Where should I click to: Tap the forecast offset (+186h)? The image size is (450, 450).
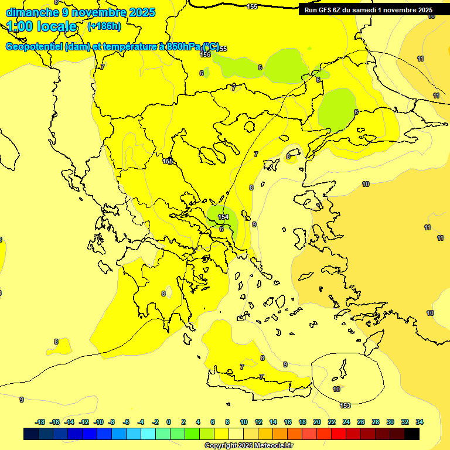point(104,26)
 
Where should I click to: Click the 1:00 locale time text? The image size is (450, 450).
point(42,26)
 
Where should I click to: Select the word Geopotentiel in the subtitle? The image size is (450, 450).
point(34,47)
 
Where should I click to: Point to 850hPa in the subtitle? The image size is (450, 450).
point(183,47)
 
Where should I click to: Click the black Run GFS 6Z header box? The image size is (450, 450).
point(369,10)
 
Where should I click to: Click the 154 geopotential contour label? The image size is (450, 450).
point(223,217)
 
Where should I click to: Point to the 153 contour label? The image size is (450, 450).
point(345,405)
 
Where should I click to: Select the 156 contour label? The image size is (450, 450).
point(205,54)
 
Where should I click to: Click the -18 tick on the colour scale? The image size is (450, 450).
point(40,422)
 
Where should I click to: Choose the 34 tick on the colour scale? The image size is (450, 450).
point(420,422)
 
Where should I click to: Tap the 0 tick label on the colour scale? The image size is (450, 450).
point(169,422)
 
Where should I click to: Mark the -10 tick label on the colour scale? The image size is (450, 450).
point(98,422)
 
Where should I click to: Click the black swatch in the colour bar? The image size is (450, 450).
point(412,434)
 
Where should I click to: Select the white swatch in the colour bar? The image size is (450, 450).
point(236,434)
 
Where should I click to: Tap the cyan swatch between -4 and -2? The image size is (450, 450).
point(148,434)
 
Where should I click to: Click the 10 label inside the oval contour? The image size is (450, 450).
point(336,389)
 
